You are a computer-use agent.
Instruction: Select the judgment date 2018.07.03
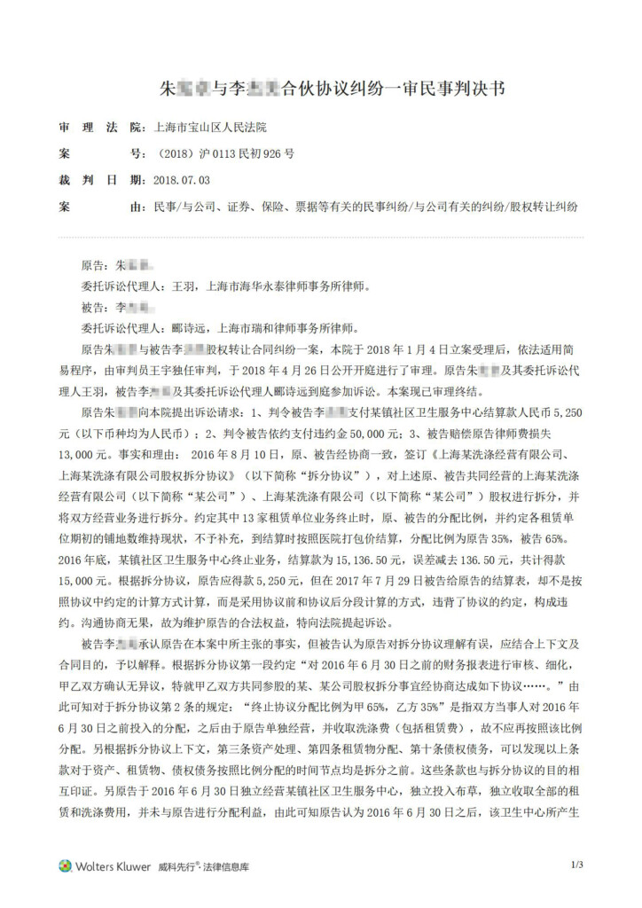182,180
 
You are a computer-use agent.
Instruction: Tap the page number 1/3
577,865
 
